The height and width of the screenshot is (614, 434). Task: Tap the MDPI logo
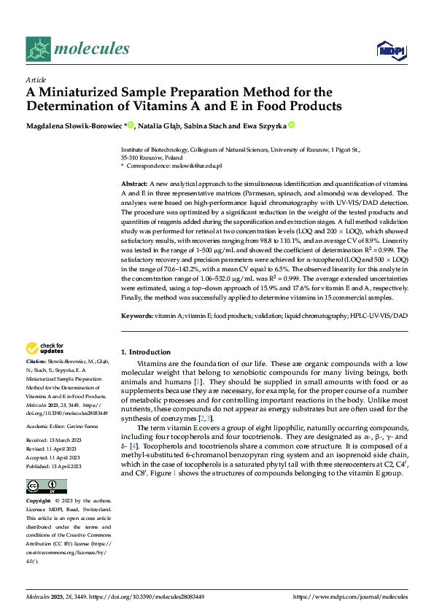pyautogui.click(x=390, y=49)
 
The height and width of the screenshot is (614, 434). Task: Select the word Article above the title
pyautogui.click(x=36, y=79)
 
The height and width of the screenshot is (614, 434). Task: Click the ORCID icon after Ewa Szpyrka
pyautogui.click(x=290, y=125)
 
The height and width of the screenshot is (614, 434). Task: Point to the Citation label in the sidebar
pyautogui.click(x=36, y=361)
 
